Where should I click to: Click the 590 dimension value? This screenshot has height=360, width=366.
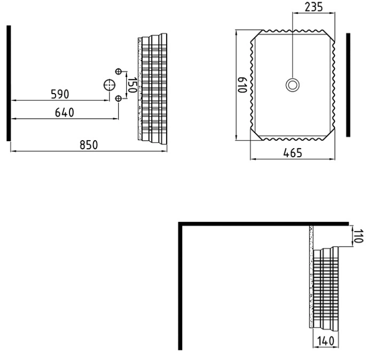coord(60,94)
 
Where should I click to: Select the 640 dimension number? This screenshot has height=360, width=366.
coord(65,113)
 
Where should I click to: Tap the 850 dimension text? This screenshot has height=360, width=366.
coord(89,145)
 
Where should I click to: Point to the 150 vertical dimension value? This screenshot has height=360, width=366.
coord(132,85)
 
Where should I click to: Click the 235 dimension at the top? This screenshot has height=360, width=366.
coord(314,7)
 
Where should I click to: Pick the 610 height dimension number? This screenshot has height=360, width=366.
coord(242,85)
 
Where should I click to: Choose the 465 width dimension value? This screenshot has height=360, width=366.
coord(293,153)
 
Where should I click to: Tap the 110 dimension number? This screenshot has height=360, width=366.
coord(359,236)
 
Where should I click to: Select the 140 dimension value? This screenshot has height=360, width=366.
coord(325,341)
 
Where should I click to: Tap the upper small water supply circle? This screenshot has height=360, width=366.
coord(118,71)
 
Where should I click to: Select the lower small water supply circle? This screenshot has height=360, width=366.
coord(118,98)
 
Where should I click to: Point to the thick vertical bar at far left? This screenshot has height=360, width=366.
coord(9,83)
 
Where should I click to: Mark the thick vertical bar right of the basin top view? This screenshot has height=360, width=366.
coord(348,85)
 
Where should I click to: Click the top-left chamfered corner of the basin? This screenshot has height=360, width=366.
coord(257,36)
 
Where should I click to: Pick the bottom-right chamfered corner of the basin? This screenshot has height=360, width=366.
coord(329,134)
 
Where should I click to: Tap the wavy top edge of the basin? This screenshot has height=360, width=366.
coord(293,31)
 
